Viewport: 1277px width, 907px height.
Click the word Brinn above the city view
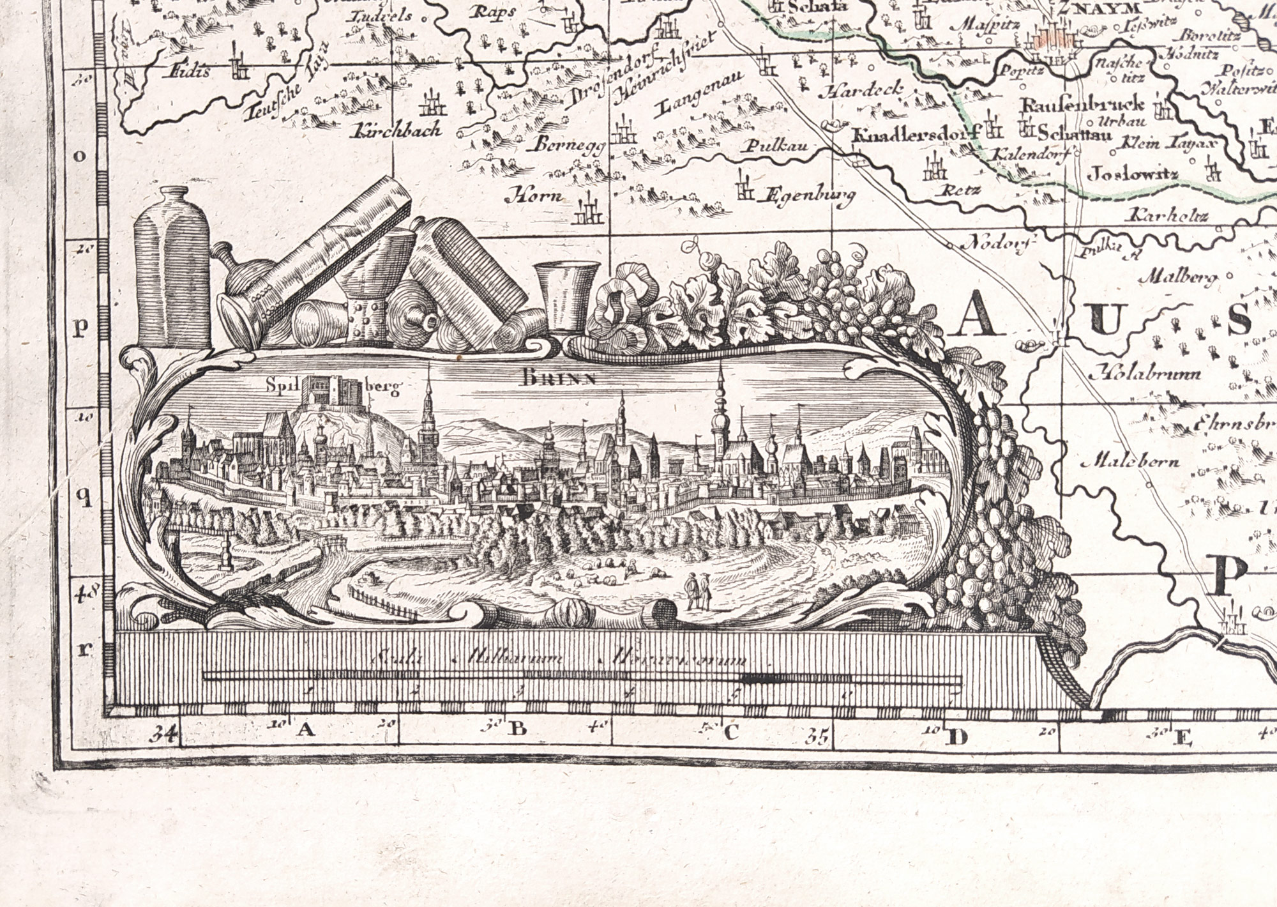pyautogui.click(x=559, y=378)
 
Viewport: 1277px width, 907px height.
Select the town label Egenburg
pyautogui.click(x=809, y=197)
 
